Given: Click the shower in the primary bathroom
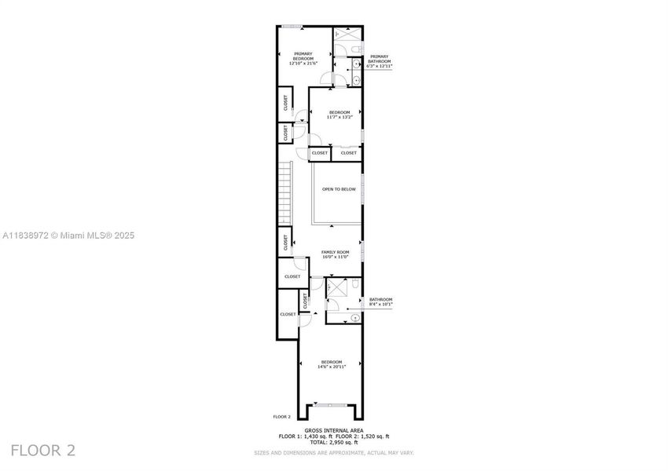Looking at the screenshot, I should click(x=346, y=35).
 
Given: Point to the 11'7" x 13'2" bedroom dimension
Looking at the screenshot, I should click(x=340, y=117).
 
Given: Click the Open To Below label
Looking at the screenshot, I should click(x=339, y=189).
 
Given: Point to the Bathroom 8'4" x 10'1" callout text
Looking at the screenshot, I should click(x=380, y=301).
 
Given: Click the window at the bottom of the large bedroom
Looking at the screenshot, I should click(x=331, y=405).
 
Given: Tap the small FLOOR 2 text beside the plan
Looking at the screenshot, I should click(x=281, y=416).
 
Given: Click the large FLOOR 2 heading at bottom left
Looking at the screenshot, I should click(x=43, y=451).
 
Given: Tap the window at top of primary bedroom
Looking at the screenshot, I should click(x=292, y=26).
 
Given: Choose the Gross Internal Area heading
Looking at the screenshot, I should click(x=333, y=430).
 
